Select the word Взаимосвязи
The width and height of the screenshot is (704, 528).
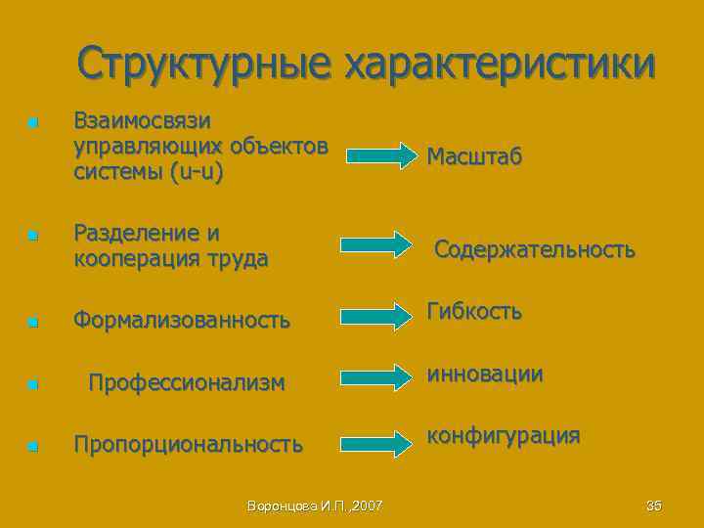click(x=142, y=120)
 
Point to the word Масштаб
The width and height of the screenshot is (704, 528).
click(x=473, y=156)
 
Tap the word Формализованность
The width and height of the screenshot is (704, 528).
click(x=182, y=320)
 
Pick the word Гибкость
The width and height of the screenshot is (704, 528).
click(x=473, y=311)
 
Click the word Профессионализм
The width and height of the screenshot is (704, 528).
click(x=187, y=382)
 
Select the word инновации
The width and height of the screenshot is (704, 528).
click(x=485, y=374)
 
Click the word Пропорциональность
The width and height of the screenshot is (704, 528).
click(x=189, y=445)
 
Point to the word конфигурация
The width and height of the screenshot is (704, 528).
click(x=504, y=435)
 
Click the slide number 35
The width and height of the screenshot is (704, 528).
click(x=654, y=506)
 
